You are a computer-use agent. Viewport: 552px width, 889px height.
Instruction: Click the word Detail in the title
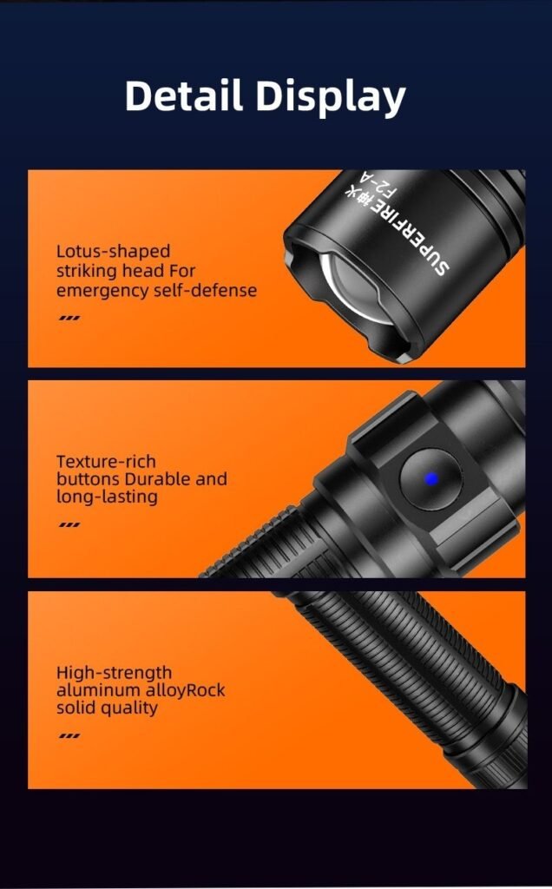pyautogui.click(x=184, y=95)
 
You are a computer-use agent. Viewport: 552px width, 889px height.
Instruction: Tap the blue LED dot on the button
pyautogui.click(x=431, y=479)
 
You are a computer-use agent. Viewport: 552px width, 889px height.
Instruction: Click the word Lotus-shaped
pyautogui.click(x=114, y=252)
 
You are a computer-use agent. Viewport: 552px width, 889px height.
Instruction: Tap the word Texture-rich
pyautogui.click(x=106, y=462)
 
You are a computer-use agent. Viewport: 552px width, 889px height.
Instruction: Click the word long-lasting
pyautogui.click(x=107, y=497)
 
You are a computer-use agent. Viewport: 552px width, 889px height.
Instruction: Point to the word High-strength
pyautogui.click(x=114, y=673)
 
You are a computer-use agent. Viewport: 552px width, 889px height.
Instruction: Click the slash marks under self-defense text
pyautogui.click(x=69, y=318)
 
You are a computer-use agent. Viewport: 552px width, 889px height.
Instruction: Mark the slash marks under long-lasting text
pyautogui.click(x=69, y=525)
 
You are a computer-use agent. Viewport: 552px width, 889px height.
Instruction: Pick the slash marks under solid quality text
pyautogui.click(x=69, y=736)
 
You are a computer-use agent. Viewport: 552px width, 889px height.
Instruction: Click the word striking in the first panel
pyautogui.click(x=86, y=272)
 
